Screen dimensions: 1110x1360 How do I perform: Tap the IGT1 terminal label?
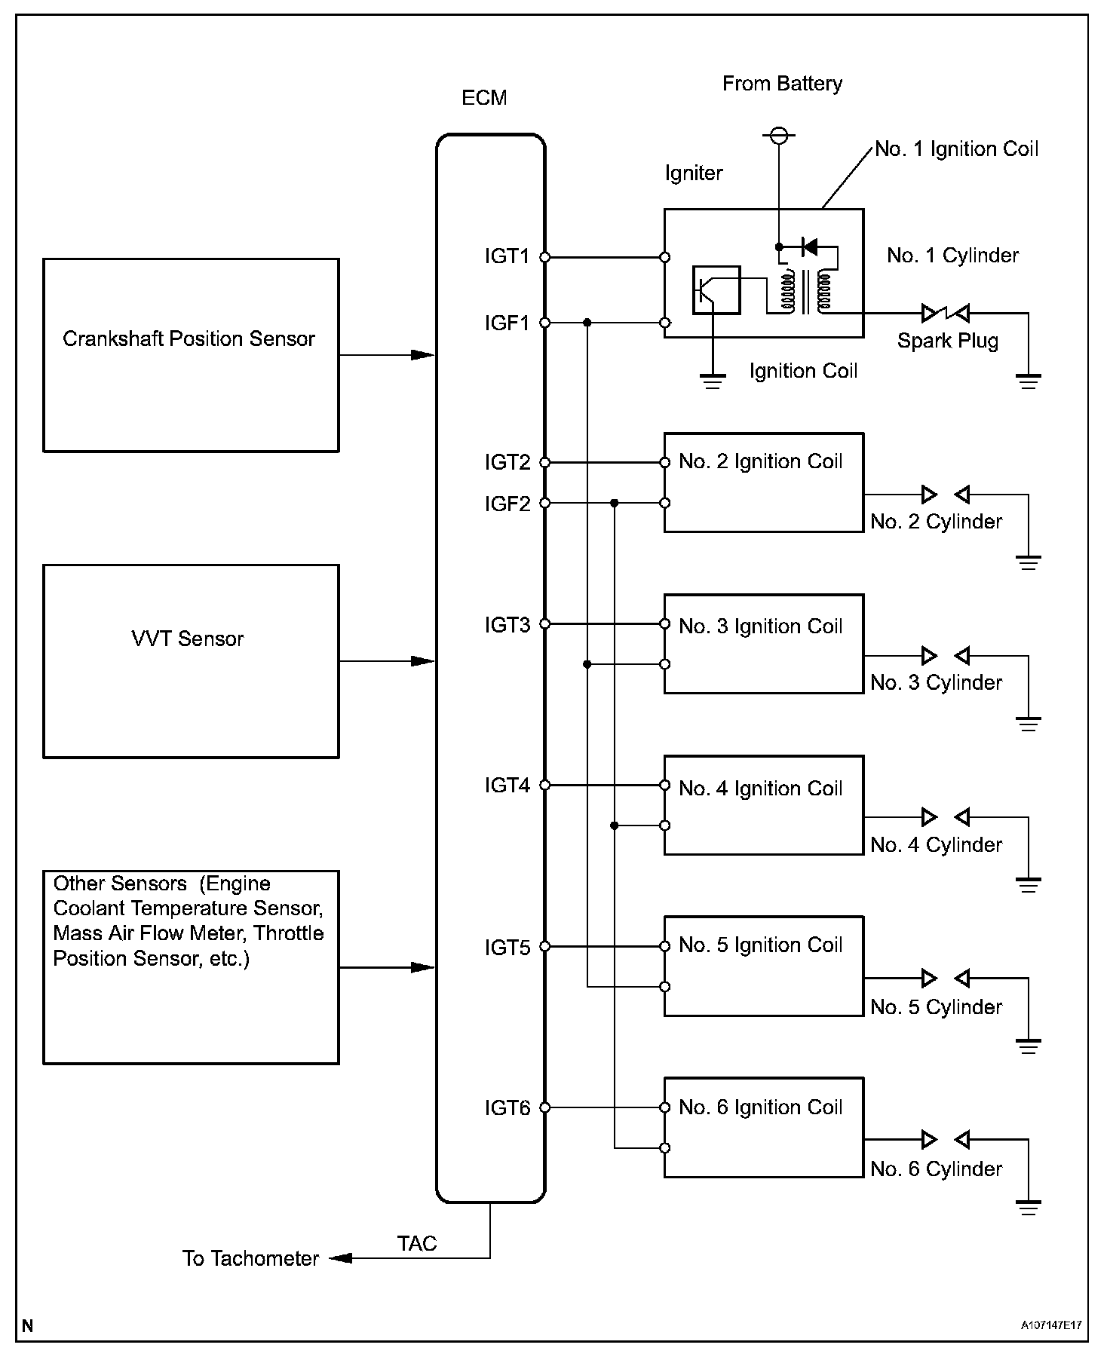[x=507, y=257]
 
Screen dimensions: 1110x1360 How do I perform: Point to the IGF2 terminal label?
[x=507, y=504]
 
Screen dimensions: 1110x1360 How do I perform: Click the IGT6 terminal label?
[x=507, y=1107]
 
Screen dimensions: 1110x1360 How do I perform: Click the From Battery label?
[x=782, y=84]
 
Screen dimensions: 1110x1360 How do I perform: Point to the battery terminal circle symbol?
[x=779, y=136]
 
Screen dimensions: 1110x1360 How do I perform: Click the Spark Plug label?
[x=948, y=342]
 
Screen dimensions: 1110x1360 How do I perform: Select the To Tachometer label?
[x=250, y=1258]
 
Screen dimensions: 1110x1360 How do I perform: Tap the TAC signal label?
[x=417, y=1243]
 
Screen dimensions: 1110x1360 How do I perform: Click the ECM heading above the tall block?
[x=484, y=98]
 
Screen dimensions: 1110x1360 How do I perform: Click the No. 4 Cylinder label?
[x=937, y=845]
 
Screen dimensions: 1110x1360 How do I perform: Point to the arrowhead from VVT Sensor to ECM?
[x=423, y=661]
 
